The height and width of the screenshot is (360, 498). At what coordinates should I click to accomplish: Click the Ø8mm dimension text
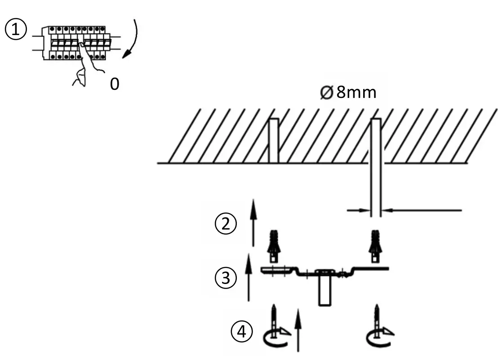click(x=347, y=93)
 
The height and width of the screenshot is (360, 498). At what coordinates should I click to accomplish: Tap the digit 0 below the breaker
click(x=115, y=84)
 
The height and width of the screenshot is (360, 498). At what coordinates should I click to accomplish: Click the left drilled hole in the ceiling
click(x=273, y=140)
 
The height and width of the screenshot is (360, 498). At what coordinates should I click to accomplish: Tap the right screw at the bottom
click(x=376, y=318)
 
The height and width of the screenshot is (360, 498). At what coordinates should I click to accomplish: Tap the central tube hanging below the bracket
click(x=325, y=290)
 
